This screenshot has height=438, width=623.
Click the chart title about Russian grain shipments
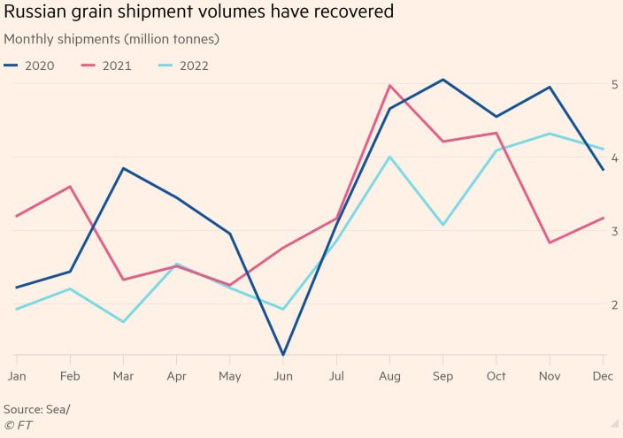tap(199, 13)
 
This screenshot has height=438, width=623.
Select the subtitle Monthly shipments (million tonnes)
tap(112, 40)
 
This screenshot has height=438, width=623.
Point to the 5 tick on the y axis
tap(613, 84)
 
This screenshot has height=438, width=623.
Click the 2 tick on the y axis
tap(613, 304)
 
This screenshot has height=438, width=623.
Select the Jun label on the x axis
tap(283, 376)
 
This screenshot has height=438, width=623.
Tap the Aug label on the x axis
tap(389, 376)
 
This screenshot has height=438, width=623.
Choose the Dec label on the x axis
tap(603, 376)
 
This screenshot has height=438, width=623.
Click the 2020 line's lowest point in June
tap(283, 355)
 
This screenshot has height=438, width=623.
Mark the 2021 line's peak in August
tap(389, 86)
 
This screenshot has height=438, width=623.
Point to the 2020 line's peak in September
tap(442, 80)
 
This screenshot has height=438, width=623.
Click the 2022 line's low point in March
tap(123, 321)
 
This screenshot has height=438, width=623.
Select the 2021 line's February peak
tap(70, 187)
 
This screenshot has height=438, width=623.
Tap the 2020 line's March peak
tap(123, 168)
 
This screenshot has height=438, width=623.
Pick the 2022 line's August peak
tap(389, 158)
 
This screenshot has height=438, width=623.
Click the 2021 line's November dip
tap(550, 242)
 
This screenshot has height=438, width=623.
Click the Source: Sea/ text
tap(36, 409)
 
